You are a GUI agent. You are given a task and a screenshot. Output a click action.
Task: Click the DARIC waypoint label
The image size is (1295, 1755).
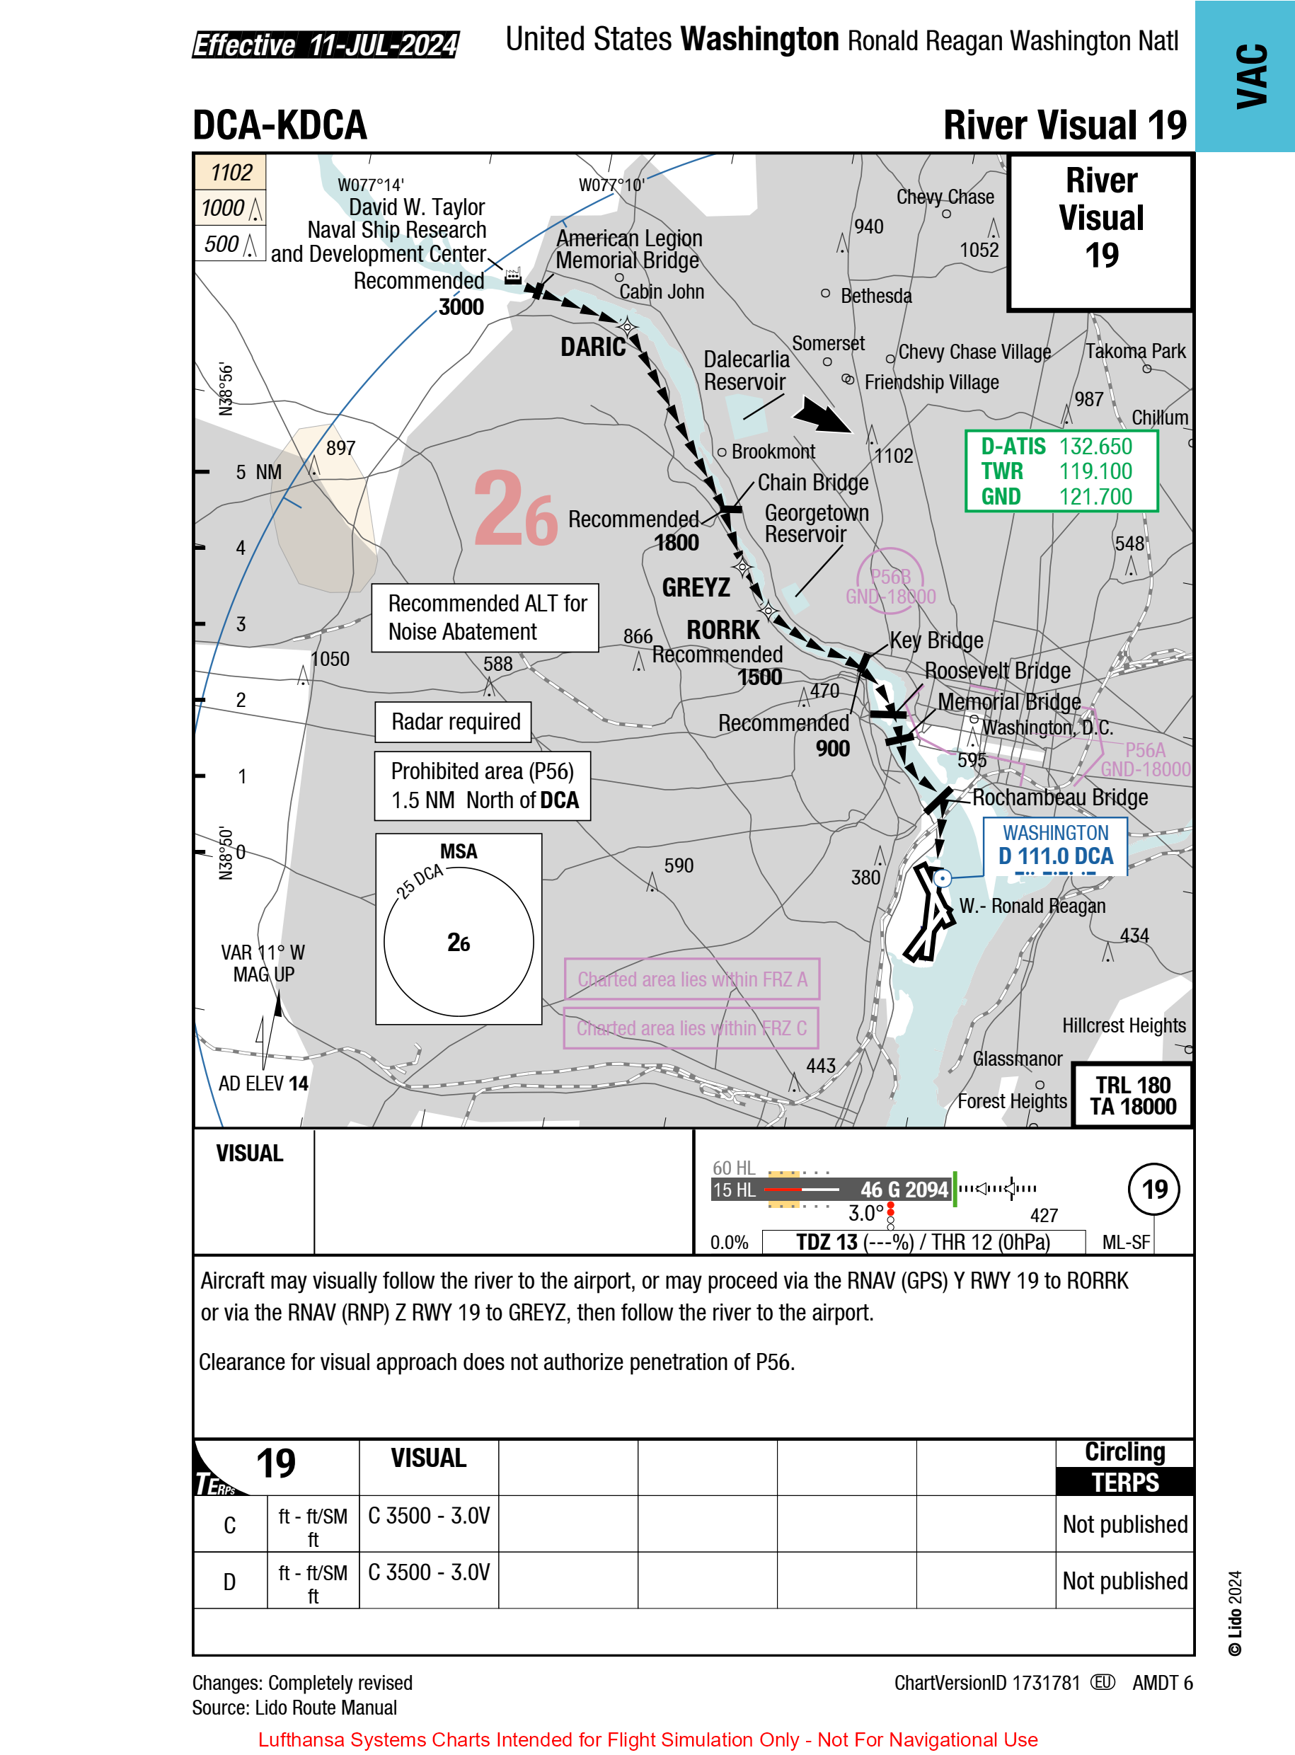point(592,347)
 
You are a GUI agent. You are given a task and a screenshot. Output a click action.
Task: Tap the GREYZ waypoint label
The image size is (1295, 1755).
point(696,587)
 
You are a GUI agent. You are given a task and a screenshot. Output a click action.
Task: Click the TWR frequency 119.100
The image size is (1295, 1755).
point(1095,471)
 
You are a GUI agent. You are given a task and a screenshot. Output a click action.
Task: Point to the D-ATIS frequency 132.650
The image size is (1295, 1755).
point(1095,446)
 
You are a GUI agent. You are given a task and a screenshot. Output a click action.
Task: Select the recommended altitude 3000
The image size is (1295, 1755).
point(461,307)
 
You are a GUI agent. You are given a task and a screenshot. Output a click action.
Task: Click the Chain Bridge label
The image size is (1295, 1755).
point(812,483)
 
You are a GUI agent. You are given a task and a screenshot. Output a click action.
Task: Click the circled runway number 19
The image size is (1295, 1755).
point(1154,1189)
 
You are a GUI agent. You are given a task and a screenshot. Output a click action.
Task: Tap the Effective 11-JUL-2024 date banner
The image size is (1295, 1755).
point(326,45)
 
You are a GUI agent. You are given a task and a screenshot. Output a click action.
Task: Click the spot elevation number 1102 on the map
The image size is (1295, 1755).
point(894,456)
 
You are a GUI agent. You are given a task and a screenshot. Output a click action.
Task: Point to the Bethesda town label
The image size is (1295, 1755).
point(875,297)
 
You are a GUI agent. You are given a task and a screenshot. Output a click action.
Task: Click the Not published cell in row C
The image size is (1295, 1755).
point(1124,1524)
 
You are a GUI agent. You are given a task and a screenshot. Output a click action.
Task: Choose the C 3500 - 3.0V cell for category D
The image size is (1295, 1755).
point(429,1572)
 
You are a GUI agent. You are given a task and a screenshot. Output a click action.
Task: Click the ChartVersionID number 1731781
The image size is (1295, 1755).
point(1045,1683)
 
